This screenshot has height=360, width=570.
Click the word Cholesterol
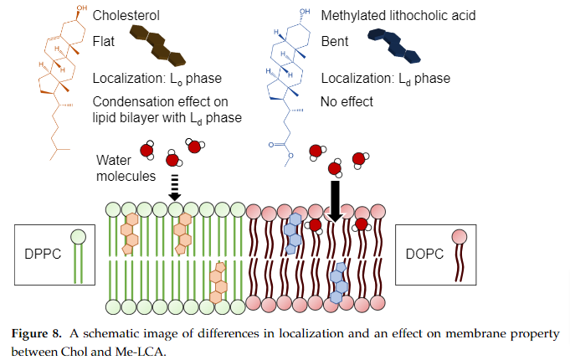pos(127,16)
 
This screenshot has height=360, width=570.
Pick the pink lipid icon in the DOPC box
pos(460,251)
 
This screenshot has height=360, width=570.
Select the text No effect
pos(347,102)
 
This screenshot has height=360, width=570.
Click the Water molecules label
pos(126,167)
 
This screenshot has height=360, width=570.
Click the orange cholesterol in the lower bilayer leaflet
pos(218,281)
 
